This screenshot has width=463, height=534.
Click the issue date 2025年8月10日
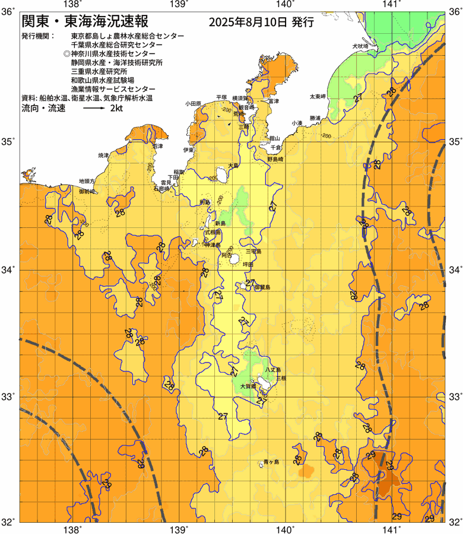pos(249,23)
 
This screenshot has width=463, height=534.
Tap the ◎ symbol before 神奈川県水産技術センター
pos(66,53)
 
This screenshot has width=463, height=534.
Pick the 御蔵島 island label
pos(262,287)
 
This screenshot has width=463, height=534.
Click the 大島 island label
pos(233,166)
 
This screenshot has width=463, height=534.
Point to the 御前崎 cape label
pos(87,192)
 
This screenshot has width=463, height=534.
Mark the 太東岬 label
pos(317,96)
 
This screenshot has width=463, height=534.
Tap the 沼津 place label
pos(157,145)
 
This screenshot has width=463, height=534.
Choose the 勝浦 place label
pos(315,119)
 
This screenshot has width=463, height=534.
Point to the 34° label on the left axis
pos(9,270)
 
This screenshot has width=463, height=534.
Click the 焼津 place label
pos(104,155)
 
